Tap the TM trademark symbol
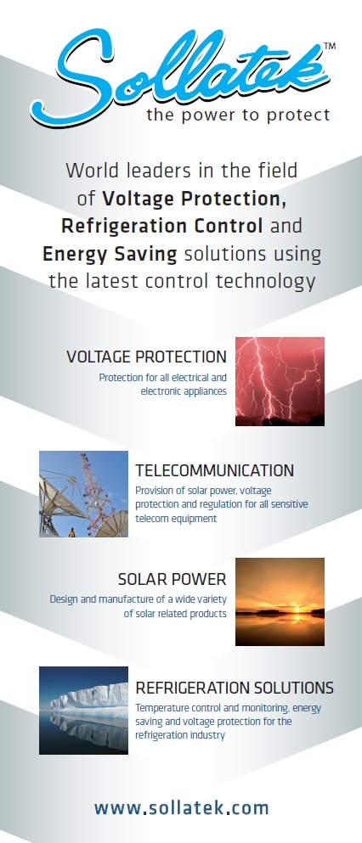pyautogui.click(x=330, y=46)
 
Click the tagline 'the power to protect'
pyautogui.click(x=238, y=115)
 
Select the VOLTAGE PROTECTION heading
pyautogui.click(x=146, y=357)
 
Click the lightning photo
pyautogui.click(x=280, y=381)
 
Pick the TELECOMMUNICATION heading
pyautogui.click(x=215, y=470)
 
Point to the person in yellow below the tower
pyautogui.click(x=71, y=532)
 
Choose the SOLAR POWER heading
pyautogui.click(x=173, y=579)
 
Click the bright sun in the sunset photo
pyautogui.click(x=296, y=612)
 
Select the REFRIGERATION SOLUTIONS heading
pyautogui.click(x=235, y=688)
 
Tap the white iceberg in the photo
pyautogui.click(x=89, y=700)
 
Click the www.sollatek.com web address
pyautogui.click(x=181, y=807)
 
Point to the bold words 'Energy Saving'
pyautogui.click(x=110, y=253)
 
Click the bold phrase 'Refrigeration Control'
pyautogui.click(x=162, y=225)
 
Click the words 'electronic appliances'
pyautogui.click(x=184, y=391)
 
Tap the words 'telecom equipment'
pyautogui.click(x=176, y=519)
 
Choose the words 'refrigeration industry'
pyautogui.click(x=179, y=735)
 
